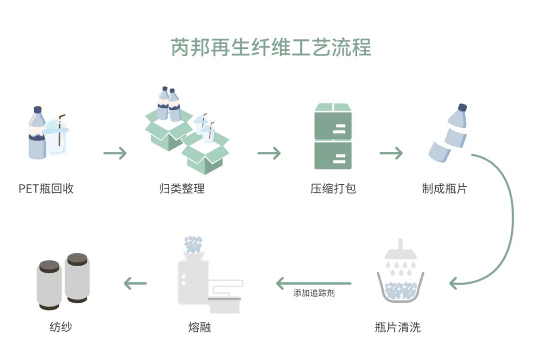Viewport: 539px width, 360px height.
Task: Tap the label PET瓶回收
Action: [x=46, y=189]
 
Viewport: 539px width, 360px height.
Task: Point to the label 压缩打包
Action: [x=333, y=189]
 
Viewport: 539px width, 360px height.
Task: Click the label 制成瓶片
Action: [x=444, y=189]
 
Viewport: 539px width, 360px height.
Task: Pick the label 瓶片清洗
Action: [x=398, y=328]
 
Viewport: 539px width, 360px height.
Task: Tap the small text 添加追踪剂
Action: [x=314, y=293]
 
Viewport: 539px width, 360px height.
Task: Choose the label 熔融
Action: [x=199, y=328]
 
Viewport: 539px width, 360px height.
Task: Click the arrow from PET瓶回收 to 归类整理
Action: [x=115, y=153]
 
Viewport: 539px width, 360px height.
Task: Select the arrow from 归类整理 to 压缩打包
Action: [x=269, y=153]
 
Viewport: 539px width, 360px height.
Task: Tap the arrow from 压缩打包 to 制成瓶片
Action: [x=391, y=153]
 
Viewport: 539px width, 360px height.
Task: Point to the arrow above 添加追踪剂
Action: [x=313, y=284]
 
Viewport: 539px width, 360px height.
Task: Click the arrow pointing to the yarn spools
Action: [x=135, y=284]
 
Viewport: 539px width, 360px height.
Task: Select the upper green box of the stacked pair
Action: [x=333, y=121]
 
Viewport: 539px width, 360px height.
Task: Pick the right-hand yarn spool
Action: [x=77, y=278]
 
